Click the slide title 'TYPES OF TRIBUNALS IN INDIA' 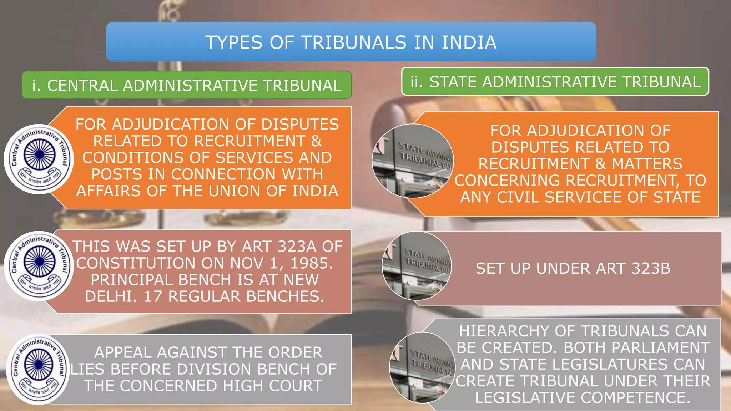click(x=351, y=42)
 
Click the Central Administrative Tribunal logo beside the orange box click(x=39, y=159)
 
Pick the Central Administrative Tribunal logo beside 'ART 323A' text click(x=39, y=266)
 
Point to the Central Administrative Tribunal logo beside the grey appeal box click(x=38, y=369)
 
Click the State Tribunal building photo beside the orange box click(x=413, y=161)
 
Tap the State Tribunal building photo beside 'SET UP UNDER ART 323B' click(x=417, y=266)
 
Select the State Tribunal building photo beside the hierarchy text click(x=422, y=367)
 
